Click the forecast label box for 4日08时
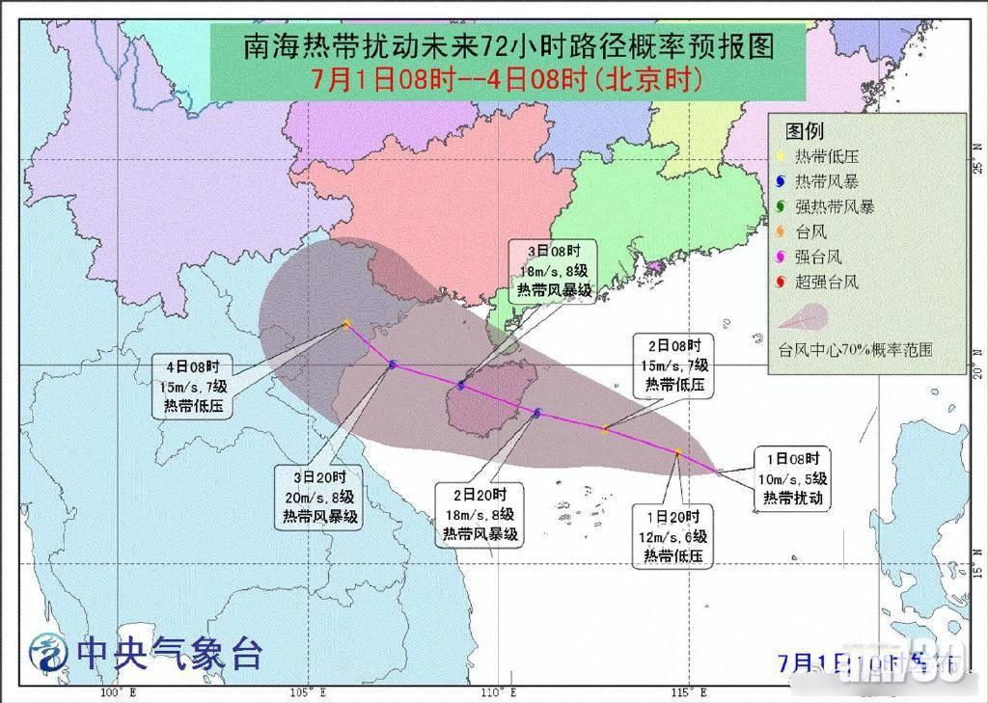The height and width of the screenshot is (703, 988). [x=192, y=386]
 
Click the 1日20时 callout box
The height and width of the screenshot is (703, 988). [x=672, y=536]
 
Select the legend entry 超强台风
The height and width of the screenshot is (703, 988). [x=826, y=283]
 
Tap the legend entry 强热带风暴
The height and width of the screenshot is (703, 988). [x=834, y=206]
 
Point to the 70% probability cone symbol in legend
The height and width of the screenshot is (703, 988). [x=804, y=317]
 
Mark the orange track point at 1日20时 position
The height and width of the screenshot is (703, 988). [x=678, y=451]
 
